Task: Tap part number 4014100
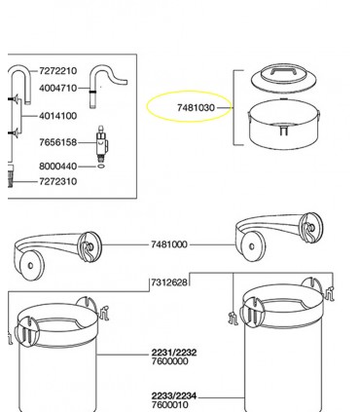click(56, 115)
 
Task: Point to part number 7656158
click(56, 142)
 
